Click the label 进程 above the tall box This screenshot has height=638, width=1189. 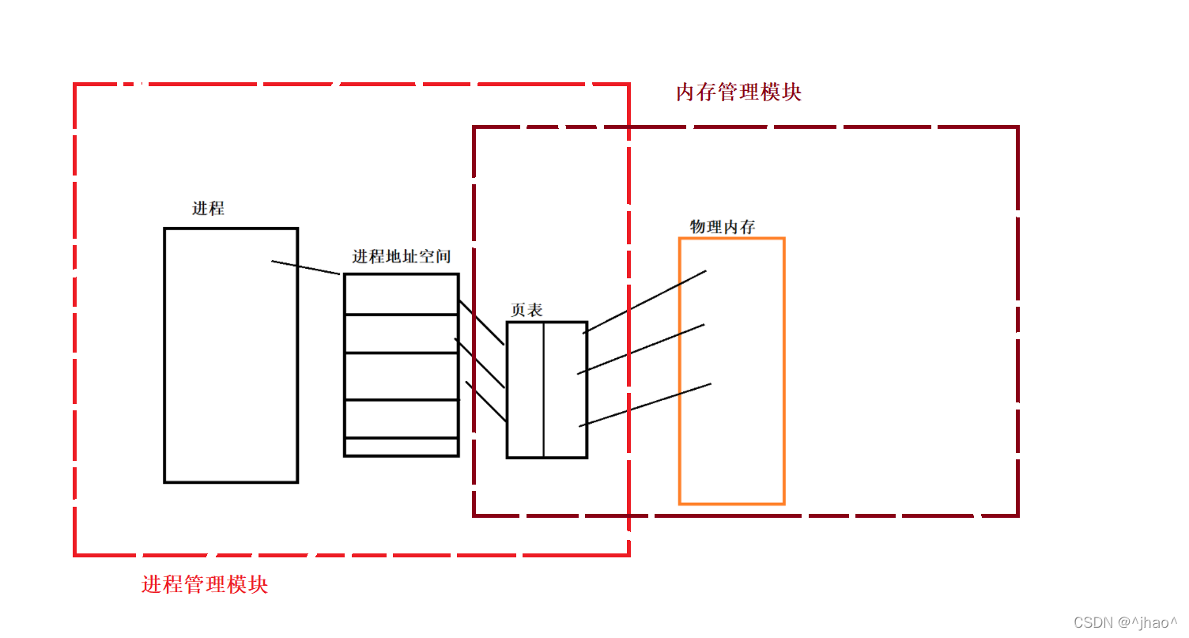point(208,209)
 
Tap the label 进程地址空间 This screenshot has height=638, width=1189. point(401,257)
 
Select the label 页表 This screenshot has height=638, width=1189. point(527,311)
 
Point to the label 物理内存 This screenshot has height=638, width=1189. point(723,228)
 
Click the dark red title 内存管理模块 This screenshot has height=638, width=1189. point(738,92)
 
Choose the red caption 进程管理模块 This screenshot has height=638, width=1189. point(205,585)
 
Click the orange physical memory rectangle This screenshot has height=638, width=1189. point(732,443)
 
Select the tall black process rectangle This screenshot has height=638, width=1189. point(231,356)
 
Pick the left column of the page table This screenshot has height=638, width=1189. point(525,390)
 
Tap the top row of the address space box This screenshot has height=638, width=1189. point(402,294)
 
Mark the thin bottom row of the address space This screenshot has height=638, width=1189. point(402,447)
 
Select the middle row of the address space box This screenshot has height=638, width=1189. point(402,376)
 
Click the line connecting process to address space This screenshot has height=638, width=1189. point(306,267)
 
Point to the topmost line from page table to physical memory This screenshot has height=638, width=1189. point(644,302)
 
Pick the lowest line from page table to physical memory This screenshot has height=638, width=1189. point(645,406)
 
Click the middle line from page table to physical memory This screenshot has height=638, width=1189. point(641,349)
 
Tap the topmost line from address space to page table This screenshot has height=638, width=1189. point(481,323)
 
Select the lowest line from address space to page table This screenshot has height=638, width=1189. point(486,401)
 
